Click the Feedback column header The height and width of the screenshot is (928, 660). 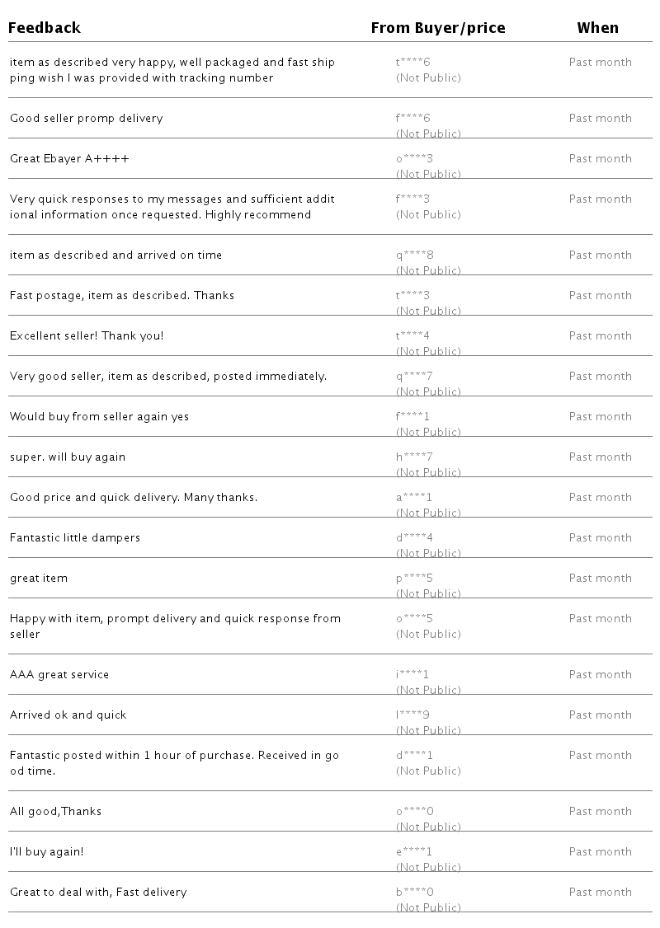(45, 28)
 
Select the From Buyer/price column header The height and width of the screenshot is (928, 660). (437, 28)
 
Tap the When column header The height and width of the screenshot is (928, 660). (597, 28)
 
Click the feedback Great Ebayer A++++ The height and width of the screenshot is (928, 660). (69, 159)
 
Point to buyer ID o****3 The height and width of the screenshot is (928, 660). (414, 159)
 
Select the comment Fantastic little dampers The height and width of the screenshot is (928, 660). (75, 538)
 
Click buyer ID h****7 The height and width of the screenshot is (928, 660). (414, 457)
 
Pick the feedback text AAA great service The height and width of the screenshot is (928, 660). (59, 675)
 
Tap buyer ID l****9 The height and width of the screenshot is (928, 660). (412, 715)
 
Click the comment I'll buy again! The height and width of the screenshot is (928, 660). (47, 852)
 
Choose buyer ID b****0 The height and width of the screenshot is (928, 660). (414, 893)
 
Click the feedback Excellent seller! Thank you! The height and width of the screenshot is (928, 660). (87, 336)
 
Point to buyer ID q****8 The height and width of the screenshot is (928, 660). (414, 255)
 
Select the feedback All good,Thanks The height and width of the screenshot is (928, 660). (55, 812)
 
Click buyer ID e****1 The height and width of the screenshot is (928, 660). (414, 852)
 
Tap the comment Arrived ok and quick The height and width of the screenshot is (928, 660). (68, 715)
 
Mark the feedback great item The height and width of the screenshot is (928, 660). (39, 579)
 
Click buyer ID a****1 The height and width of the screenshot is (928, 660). (414, 498)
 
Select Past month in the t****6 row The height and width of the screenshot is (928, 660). (600, 63)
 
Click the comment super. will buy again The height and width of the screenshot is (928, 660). (68, 457)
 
